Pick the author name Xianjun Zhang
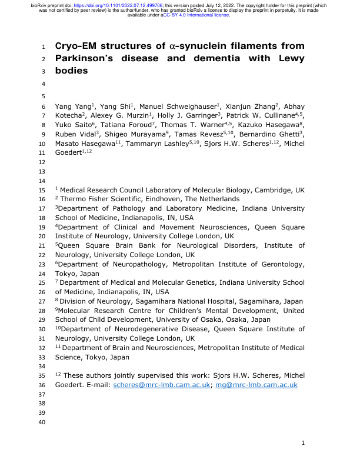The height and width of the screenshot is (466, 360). point(246,106)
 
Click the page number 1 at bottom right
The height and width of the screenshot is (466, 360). point(302,444)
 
